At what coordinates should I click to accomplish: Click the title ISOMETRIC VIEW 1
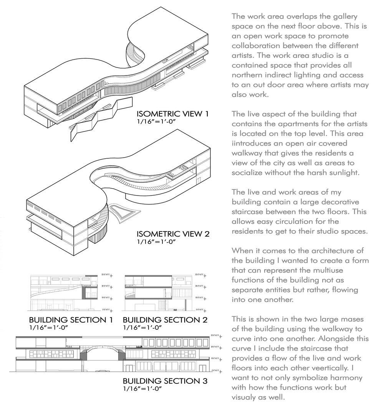(x=173, y=114)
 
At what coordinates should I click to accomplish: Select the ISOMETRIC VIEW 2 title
(x=173, y=234)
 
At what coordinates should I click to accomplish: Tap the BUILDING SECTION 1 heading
(x=71, y=320)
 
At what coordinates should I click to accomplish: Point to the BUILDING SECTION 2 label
(x=165, y=320)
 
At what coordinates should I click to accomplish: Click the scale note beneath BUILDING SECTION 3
(x=142, y=388)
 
